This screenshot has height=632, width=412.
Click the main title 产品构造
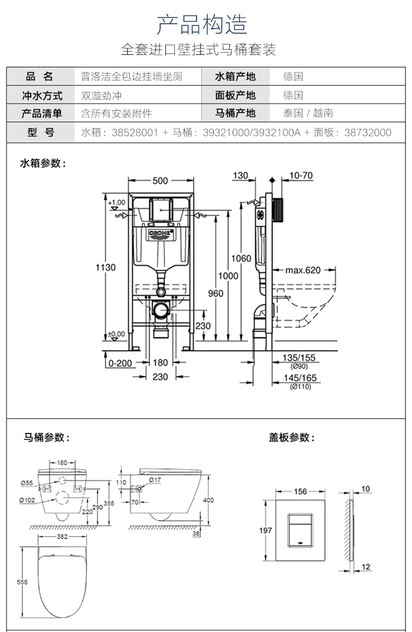202,24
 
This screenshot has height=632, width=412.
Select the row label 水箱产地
235,77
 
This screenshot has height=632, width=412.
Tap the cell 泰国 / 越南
308,113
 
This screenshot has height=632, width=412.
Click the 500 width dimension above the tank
160,181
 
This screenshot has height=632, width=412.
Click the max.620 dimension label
303,270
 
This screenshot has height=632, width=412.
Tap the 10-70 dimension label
300,175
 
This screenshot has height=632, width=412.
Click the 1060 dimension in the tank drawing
241,259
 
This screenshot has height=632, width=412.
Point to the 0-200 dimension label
120,362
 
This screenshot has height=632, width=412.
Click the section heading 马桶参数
47,438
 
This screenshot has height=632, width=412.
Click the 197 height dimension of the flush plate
266,530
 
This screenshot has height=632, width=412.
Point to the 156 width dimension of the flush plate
300,491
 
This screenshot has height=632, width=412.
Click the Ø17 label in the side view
155,480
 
